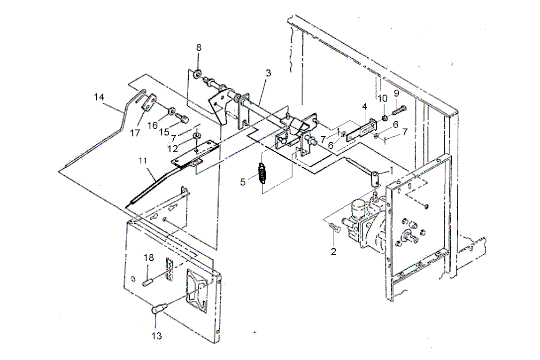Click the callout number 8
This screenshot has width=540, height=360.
click(x=199, y=47)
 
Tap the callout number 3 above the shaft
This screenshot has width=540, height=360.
click(x=268, y=73)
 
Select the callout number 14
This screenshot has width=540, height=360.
click(x=99, y=97)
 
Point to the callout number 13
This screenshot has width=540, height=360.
click(x=157, y=336)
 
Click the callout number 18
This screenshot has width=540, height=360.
click(x=149, y=258)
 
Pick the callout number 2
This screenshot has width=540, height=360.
click(x=333, y=252)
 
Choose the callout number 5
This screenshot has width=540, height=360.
click(x=243, y=182)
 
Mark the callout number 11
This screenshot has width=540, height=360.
click(x=143, y=161)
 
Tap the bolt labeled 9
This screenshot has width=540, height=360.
click(x=399, y=110)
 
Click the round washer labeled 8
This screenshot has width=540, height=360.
click(x=198, y=73)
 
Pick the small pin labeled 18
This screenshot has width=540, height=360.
click(x=149, y=281)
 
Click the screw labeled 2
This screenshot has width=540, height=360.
click(x=334, y=227)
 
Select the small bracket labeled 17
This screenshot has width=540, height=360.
click(x=149, y=103)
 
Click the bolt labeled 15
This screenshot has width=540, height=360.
click(x=183, y=118)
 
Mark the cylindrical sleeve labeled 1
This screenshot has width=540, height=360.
click(x=375, y=177)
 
